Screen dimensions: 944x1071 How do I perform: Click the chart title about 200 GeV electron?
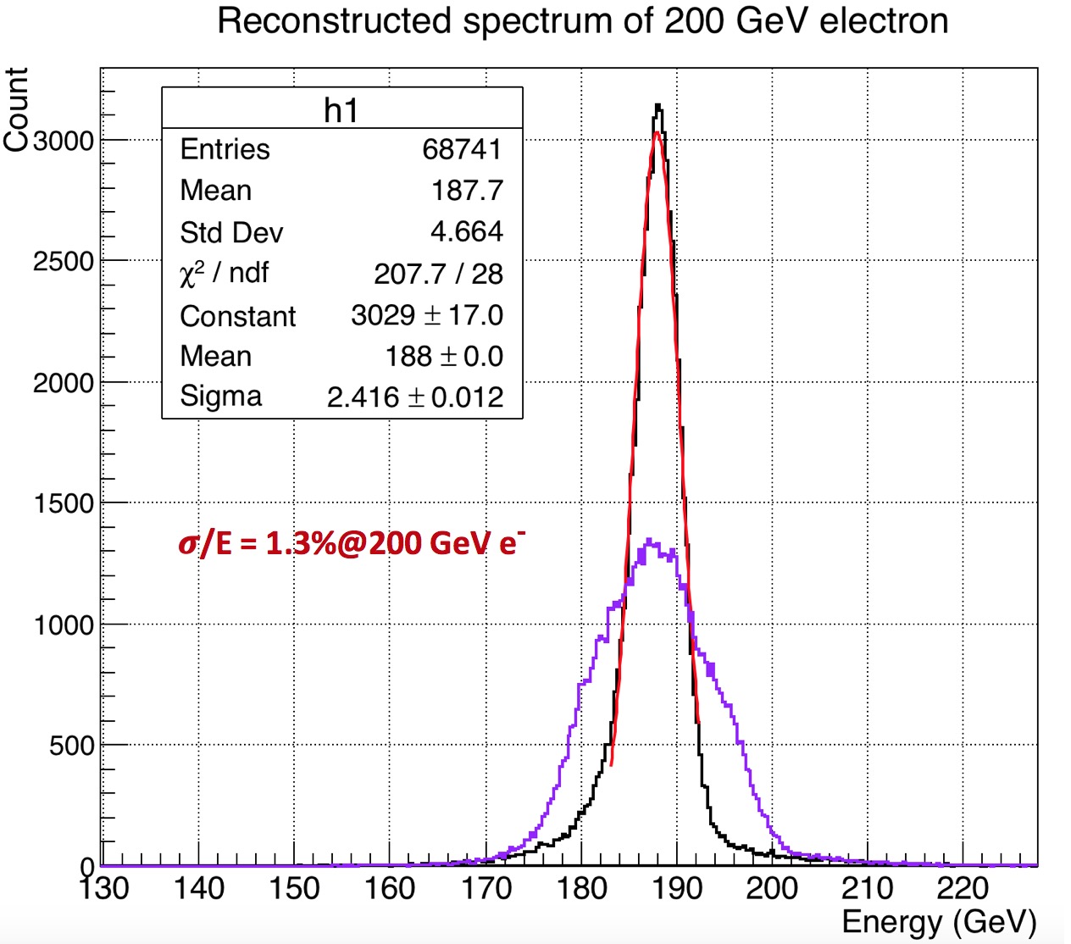point(583,20)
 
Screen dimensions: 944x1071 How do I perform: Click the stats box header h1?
point(341,110)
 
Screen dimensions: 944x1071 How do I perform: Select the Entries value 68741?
point(462,149)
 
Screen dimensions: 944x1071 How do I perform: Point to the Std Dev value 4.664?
point(467,231)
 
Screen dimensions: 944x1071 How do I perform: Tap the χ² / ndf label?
point(224,273)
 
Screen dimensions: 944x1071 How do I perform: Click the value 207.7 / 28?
point(438,273)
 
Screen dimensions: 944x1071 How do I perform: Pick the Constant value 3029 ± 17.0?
point(427,315)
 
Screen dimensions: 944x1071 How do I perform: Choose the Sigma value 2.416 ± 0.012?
point(415,397)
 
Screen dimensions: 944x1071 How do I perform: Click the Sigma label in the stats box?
point(221,397)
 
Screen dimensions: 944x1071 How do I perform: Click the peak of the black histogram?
point(658,106)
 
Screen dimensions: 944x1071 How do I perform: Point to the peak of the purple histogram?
point(649,540)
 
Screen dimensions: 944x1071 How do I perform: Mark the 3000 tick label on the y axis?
point(64,141)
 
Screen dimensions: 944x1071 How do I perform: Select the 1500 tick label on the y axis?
point(64,503)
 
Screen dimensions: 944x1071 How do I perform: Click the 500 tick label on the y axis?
point(71,746)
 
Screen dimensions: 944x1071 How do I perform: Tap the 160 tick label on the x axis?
point(390,888)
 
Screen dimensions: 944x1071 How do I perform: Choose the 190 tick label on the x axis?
point(677,888)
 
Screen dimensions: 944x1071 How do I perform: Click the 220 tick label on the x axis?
point(963,888)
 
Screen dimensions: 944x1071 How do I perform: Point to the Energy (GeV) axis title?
point(939,922)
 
